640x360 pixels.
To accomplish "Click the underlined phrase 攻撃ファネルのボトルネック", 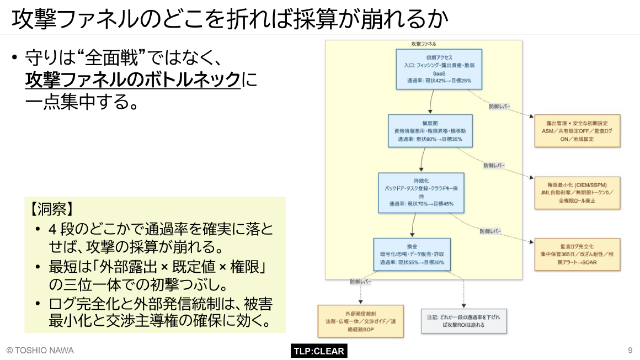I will click(133, 80).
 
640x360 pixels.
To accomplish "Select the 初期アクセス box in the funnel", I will click(439, 69).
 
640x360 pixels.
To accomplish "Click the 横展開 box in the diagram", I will click(430, 131).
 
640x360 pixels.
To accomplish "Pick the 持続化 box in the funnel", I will click(421, 192).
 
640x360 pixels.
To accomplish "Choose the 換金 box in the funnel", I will click(412, 254).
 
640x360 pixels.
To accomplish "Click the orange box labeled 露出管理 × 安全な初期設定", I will click(577, 131).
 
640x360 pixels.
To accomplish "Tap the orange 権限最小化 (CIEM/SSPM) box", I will click(577, 193).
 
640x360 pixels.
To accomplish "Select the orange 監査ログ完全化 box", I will click(577, 254).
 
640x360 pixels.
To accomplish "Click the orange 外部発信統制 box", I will click(360, 321).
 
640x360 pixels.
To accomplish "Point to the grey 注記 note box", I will click(463, 321).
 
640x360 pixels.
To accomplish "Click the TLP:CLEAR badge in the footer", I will click(319, 351).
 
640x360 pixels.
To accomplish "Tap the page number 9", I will click(630, 351).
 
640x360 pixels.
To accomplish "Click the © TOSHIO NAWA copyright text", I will click(40, 351).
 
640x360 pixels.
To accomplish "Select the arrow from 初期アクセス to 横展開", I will click(431, 102).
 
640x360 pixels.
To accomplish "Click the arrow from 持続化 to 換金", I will click(413, 226).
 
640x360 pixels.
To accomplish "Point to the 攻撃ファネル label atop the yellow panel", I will click(424, 44).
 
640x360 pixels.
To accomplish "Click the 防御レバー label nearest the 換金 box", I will click(360, 282).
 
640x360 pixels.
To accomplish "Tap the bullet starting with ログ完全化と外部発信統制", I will click(159, 313).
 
